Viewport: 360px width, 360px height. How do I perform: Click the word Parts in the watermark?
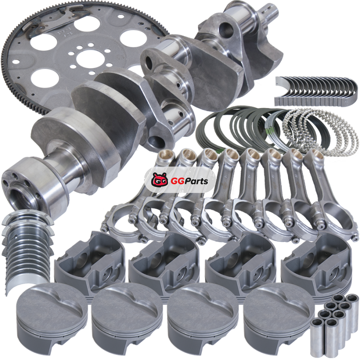click(x=196, y=181)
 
